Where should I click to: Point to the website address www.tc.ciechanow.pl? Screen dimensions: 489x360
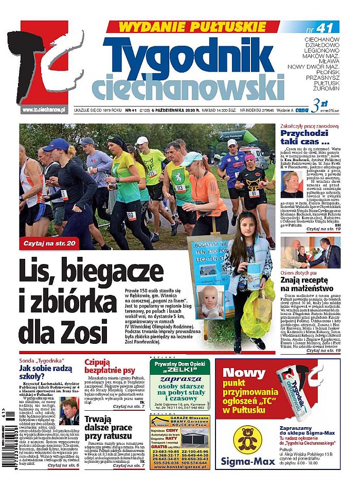point(43,110)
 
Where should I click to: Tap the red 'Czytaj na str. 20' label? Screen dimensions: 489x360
point(49,242)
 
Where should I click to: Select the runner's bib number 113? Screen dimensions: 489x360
point(180,188)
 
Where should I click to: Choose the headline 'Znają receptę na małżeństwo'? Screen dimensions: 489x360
point(309,281)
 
